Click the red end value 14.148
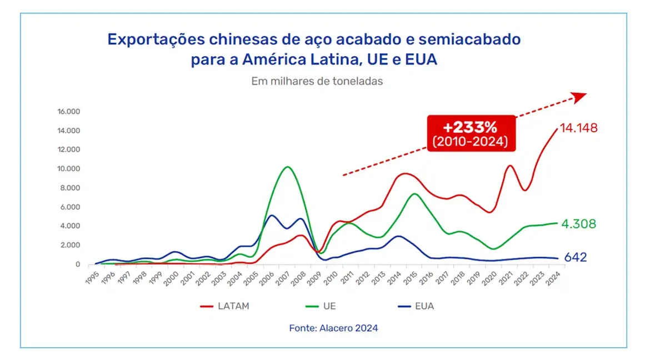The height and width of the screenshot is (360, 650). [x=578, y=128]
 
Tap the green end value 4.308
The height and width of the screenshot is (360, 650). [x=578, y=224]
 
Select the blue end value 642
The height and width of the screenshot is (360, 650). [x=575, y=258]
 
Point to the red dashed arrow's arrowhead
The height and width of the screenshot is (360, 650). [x=580, y=97]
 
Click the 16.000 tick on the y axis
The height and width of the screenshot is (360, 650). [x=69, y=112]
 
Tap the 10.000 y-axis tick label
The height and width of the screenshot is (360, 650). [x=69, y=169]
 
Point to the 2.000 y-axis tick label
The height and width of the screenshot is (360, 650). [x=71, y=245]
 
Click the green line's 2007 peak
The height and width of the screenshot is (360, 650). [x=287, y=167]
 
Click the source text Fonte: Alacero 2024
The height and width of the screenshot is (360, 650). [x=333, y=328]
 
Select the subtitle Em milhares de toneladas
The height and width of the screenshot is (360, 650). [x=317, y=81]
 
